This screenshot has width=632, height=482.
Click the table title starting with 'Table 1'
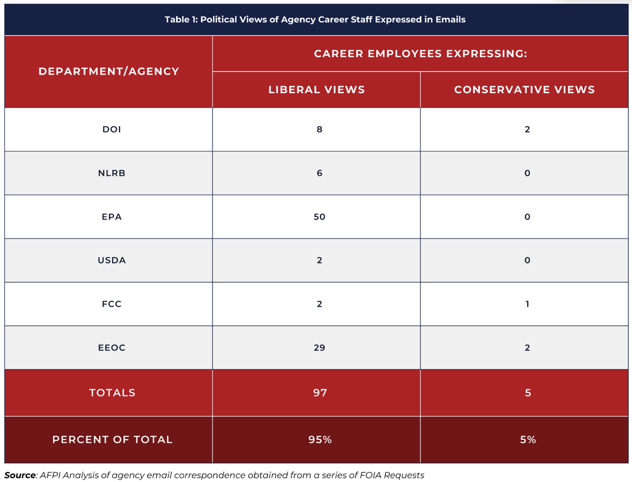[x=315, y=19]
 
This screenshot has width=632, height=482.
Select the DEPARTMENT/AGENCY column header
[x=109, y=71]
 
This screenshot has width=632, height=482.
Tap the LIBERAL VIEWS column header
[x=317, y=89]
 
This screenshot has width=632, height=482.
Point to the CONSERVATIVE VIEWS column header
[x=525, y=89]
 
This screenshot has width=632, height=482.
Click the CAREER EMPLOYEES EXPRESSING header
[x=420, y=54]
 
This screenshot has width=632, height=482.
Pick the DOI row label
[x=111, y=129]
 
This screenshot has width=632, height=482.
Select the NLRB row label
[x=111, y=173]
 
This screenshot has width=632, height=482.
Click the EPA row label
[x=111, y=217]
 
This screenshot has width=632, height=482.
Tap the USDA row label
[x=111, y=260]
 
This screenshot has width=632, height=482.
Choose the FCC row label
[x=111, y=304]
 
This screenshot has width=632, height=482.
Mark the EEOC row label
[x=111, y=348]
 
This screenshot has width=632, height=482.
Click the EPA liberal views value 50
[x=319, y=217]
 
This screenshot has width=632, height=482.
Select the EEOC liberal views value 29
[x=319, y=348]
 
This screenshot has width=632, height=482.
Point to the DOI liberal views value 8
[x=319, y=129]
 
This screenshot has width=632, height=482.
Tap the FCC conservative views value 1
[x=527, y=304]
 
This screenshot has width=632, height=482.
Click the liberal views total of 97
[x=320, y=393]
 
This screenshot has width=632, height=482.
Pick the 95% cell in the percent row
[x=320, y=439]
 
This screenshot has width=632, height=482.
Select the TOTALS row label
[x=112, y=393]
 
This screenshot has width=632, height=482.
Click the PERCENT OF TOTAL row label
[x=112, y=439]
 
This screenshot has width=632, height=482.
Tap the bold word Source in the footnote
[x=20, y=475]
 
